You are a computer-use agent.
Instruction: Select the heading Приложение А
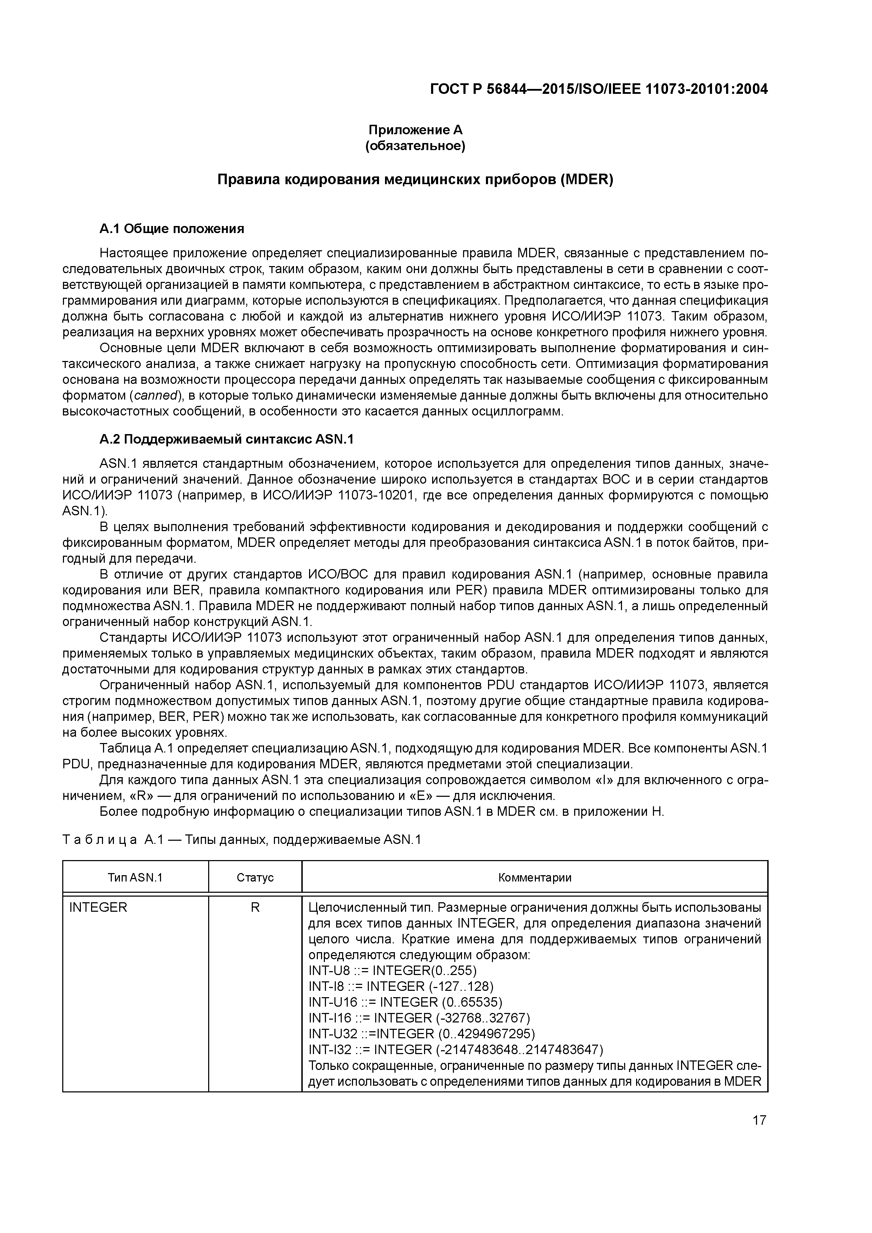(415, 130)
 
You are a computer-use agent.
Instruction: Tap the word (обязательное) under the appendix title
(415, 146)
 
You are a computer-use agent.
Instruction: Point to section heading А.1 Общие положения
(172, 229)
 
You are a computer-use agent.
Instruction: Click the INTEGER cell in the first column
(98, 908)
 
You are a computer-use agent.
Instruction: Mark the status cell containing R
(255, 908)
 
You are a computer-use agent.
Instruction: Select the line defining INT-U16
(406, 1002)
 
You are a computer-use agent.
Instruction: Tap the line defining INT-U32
(422, 1034)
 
